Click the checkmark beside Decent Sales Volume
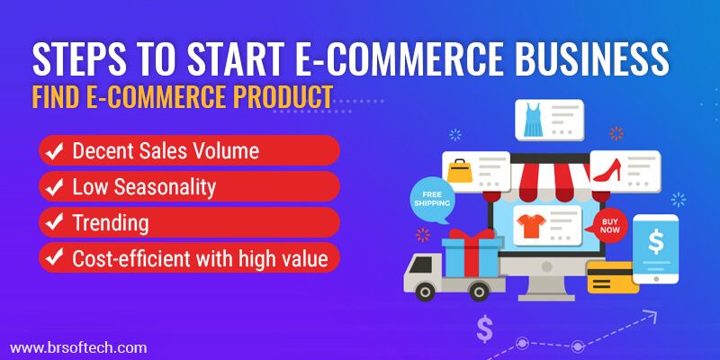tap(54, 151)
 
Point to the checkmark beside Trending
tap(54, 222)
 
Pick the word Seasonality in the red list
tap(165, 188)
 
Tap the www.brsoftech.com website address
tap(78, 347)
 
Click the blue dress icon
tap(533, 120)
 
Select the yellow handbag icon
tap(460, 171)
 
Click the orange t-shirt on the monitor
tap(531, 226)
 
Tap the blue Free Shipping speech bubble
tap(432, 200)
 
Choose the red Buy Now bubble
tap(609, 226)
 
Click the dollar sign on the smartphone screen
tap(656, 241)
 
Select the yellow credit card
tap(613, 277)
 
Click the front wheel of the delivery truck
tap(425, 291)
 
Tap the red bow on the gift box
tap(472, 234)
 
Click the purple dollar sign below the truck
tap(484, 328)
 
